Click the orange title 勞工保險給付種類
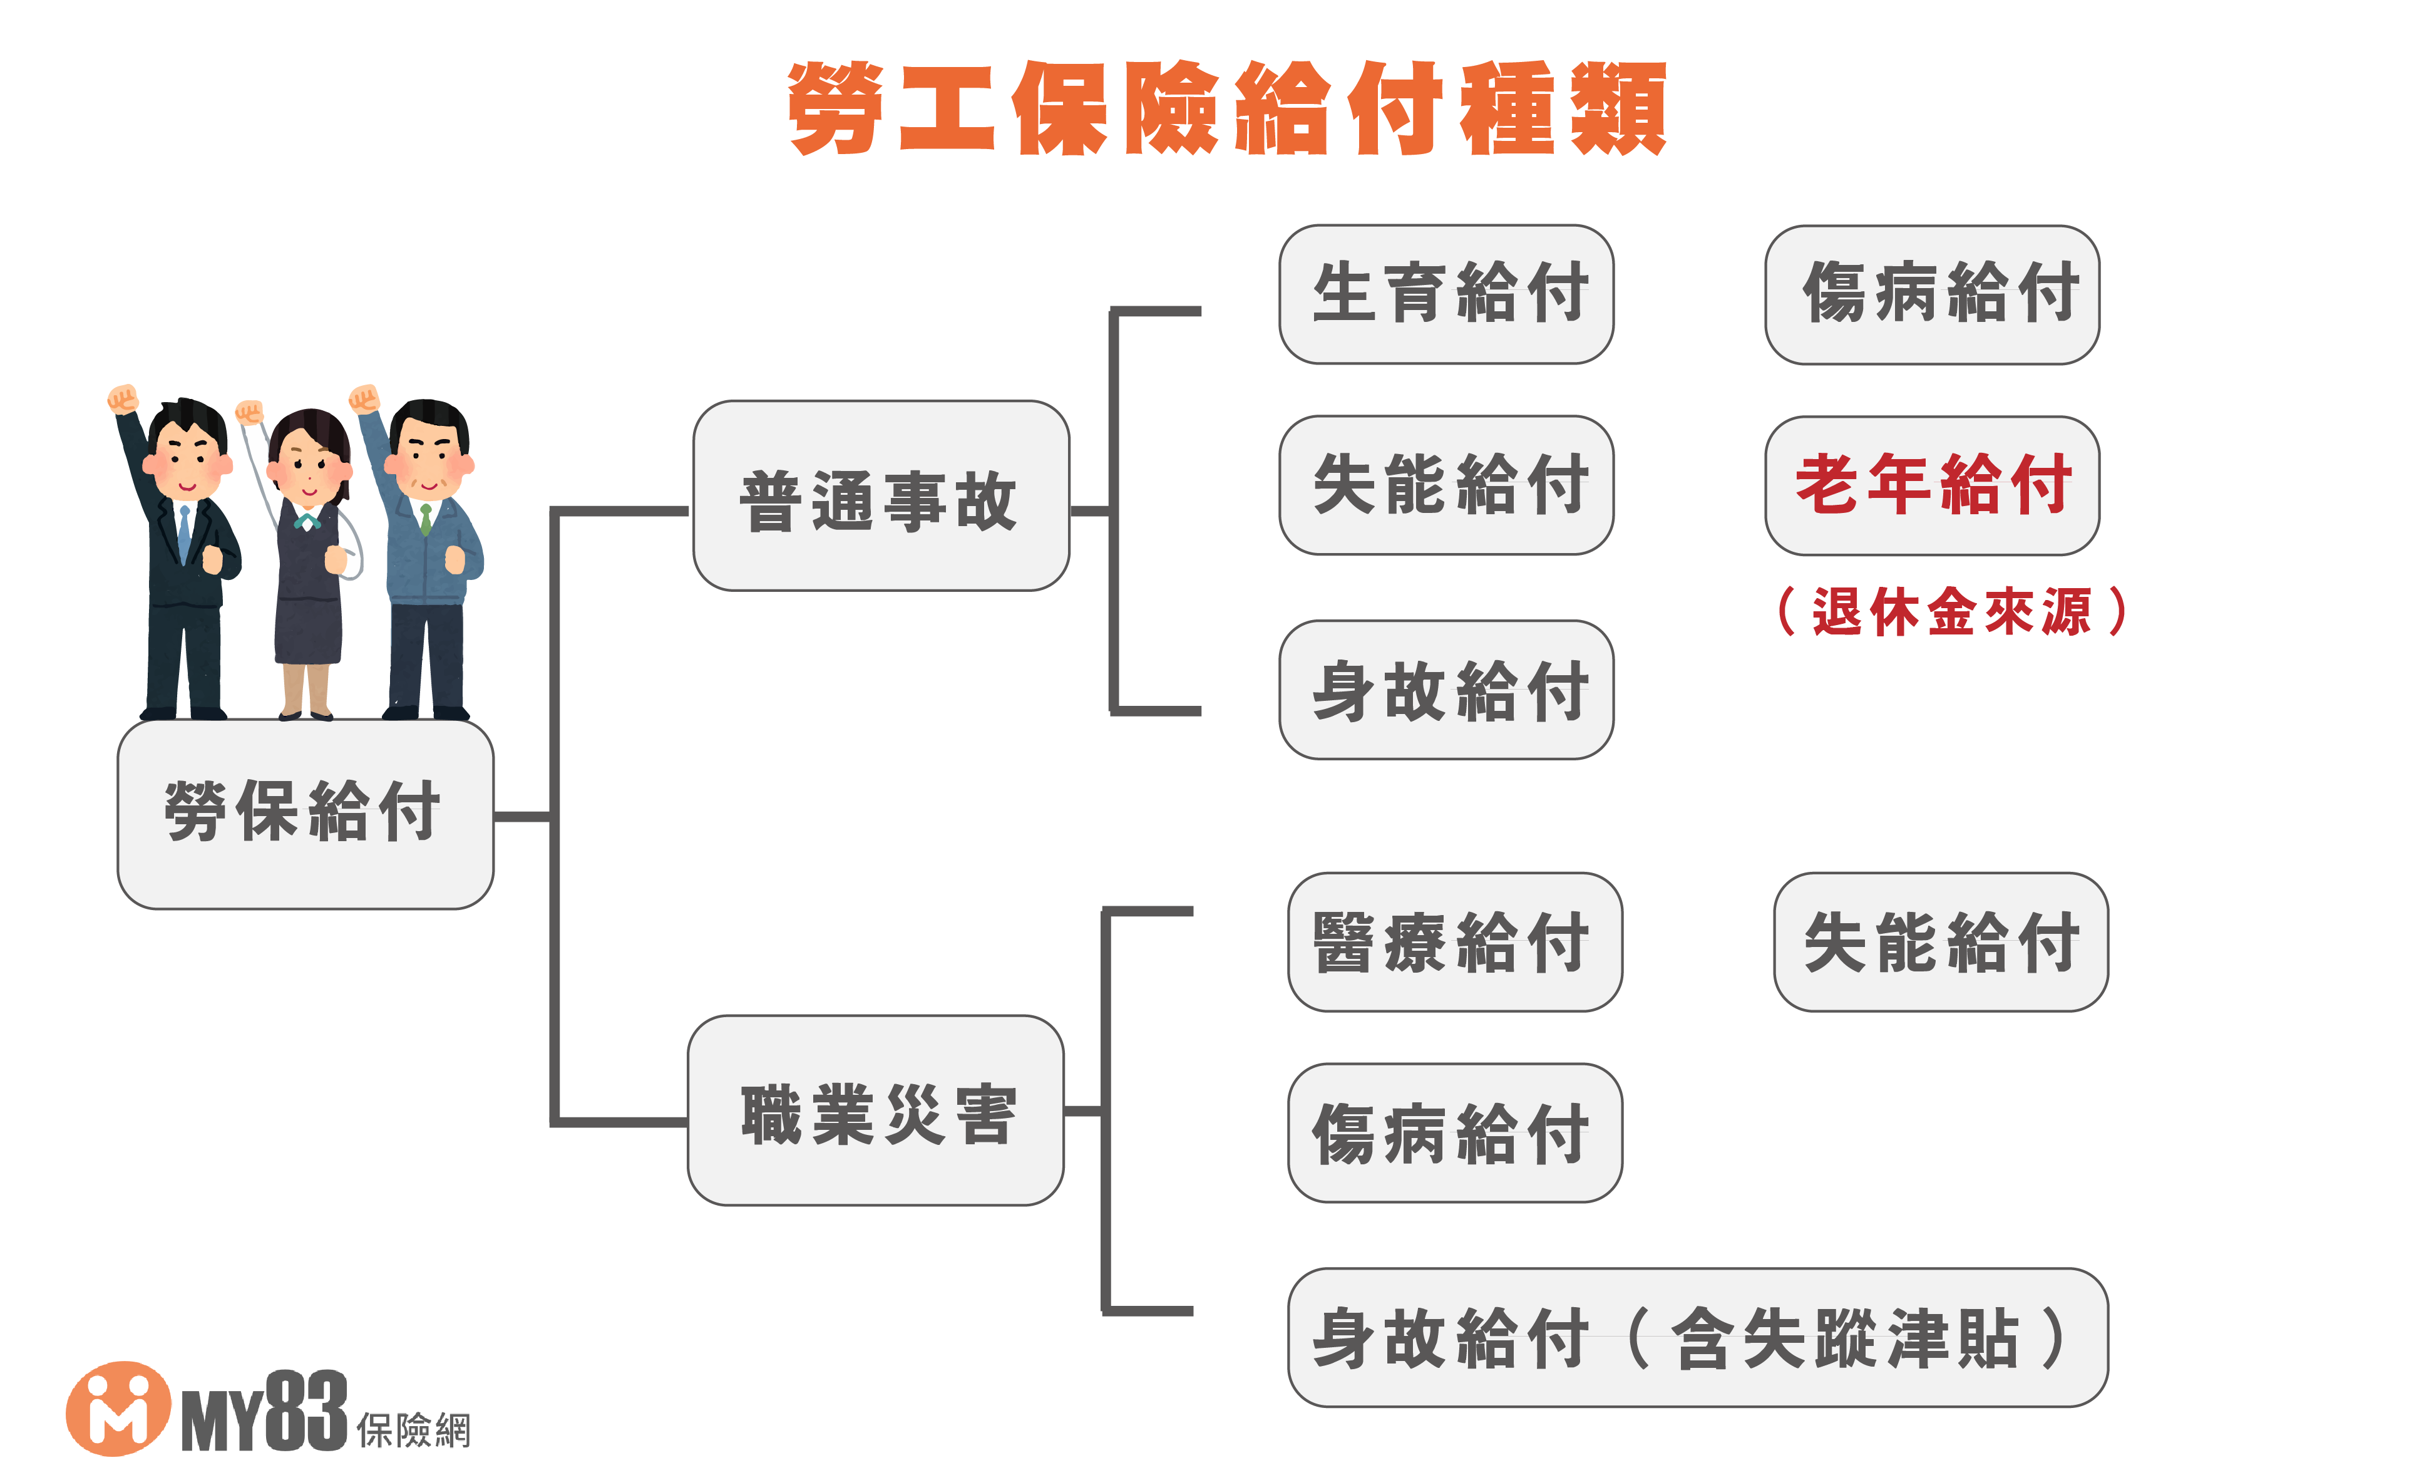pos(1227,108)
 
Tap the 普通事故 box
pos(881,496)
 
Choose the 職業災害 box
pos(876,1110)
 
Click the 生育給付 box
pos(1446,294)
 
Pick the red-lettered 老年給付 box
pos(1932,485)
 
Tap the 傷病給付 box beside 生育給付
pos(1932,294)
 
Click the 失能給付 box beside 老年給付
pos(1446,485)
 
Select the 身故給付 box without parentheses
pos(1446,690)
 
